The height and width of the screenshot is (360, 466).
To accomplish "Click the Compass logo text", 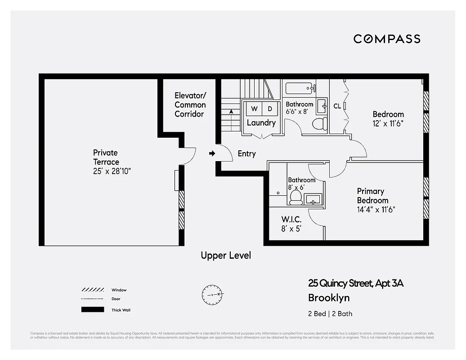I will (387, 39).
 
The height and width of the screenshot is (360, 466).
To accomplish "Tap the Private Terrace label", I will (106, 157).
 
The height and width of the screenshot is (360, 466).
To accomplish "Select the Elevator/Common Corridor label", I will (190, 104).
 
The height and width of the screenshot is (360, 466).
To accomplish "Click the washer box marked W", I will (254, 109).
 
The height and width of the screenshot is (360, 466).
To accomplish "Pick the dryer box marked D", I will (270, 109).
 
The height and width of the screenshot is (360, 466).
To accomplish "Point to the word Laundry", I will (261, 123).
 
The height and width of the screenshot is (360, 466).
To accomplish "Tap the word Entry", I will (246, 154).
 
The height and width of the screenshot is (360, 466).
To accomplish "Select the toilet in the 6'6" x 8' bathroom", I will (319, 124).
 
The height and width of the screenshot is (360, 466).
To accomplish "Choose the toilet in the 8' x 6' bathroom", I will (296, 197).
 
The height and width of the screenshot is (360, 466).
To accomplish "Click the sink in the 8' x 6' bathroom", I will (313, 198).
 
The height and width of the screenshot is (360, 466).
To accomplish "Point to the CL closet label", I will (337, 106).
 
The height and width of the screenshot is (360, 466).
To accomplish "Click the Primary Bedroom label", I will (372, 196).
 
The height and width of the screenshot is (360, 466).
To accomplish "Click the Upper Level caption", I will (226, 256).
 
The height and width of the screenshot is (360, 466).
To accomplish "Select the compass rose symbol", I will (211, 294).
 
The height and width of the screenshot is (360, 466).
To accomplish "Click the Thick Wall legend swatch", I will (92, 310).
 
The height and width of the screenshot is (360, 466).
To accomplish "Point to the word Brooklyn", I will (328, 298).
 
